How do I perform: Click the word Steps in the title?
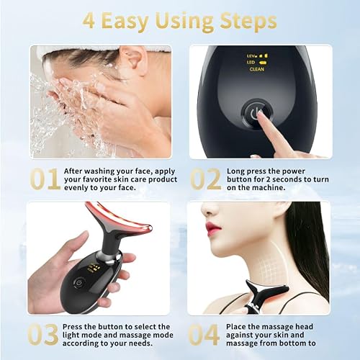click(x=248, y=22)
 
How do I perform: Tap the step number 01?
click(x=45, y=179)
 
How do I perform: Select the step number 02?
click(x=205, y=179)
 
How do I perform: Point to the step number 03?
click(x=43, y=335)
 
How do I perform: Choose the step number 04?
click(x=204, y=335)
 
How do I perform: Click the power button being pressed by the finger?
click(x=256, y=114)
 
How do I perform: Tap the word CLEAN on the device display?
click(x=257, y=69)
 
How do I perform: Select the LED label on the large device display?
click(x=251, y=63)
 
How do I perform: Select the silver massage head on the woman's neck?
click(x=266, y=289)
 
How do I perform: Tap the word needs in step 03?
click(x=140, y=343)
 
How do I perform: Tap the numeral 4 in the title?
click(x=89, y=22)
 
